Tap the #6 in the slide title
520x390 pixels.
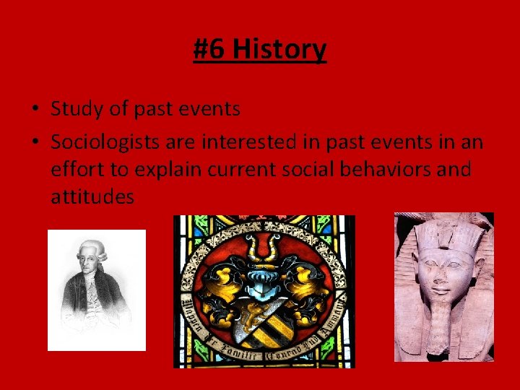[x=210, y=50]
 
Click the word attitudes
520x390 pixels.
[x=92, y=196]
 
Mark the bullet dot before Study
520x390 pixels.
[x=35, y=110]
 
